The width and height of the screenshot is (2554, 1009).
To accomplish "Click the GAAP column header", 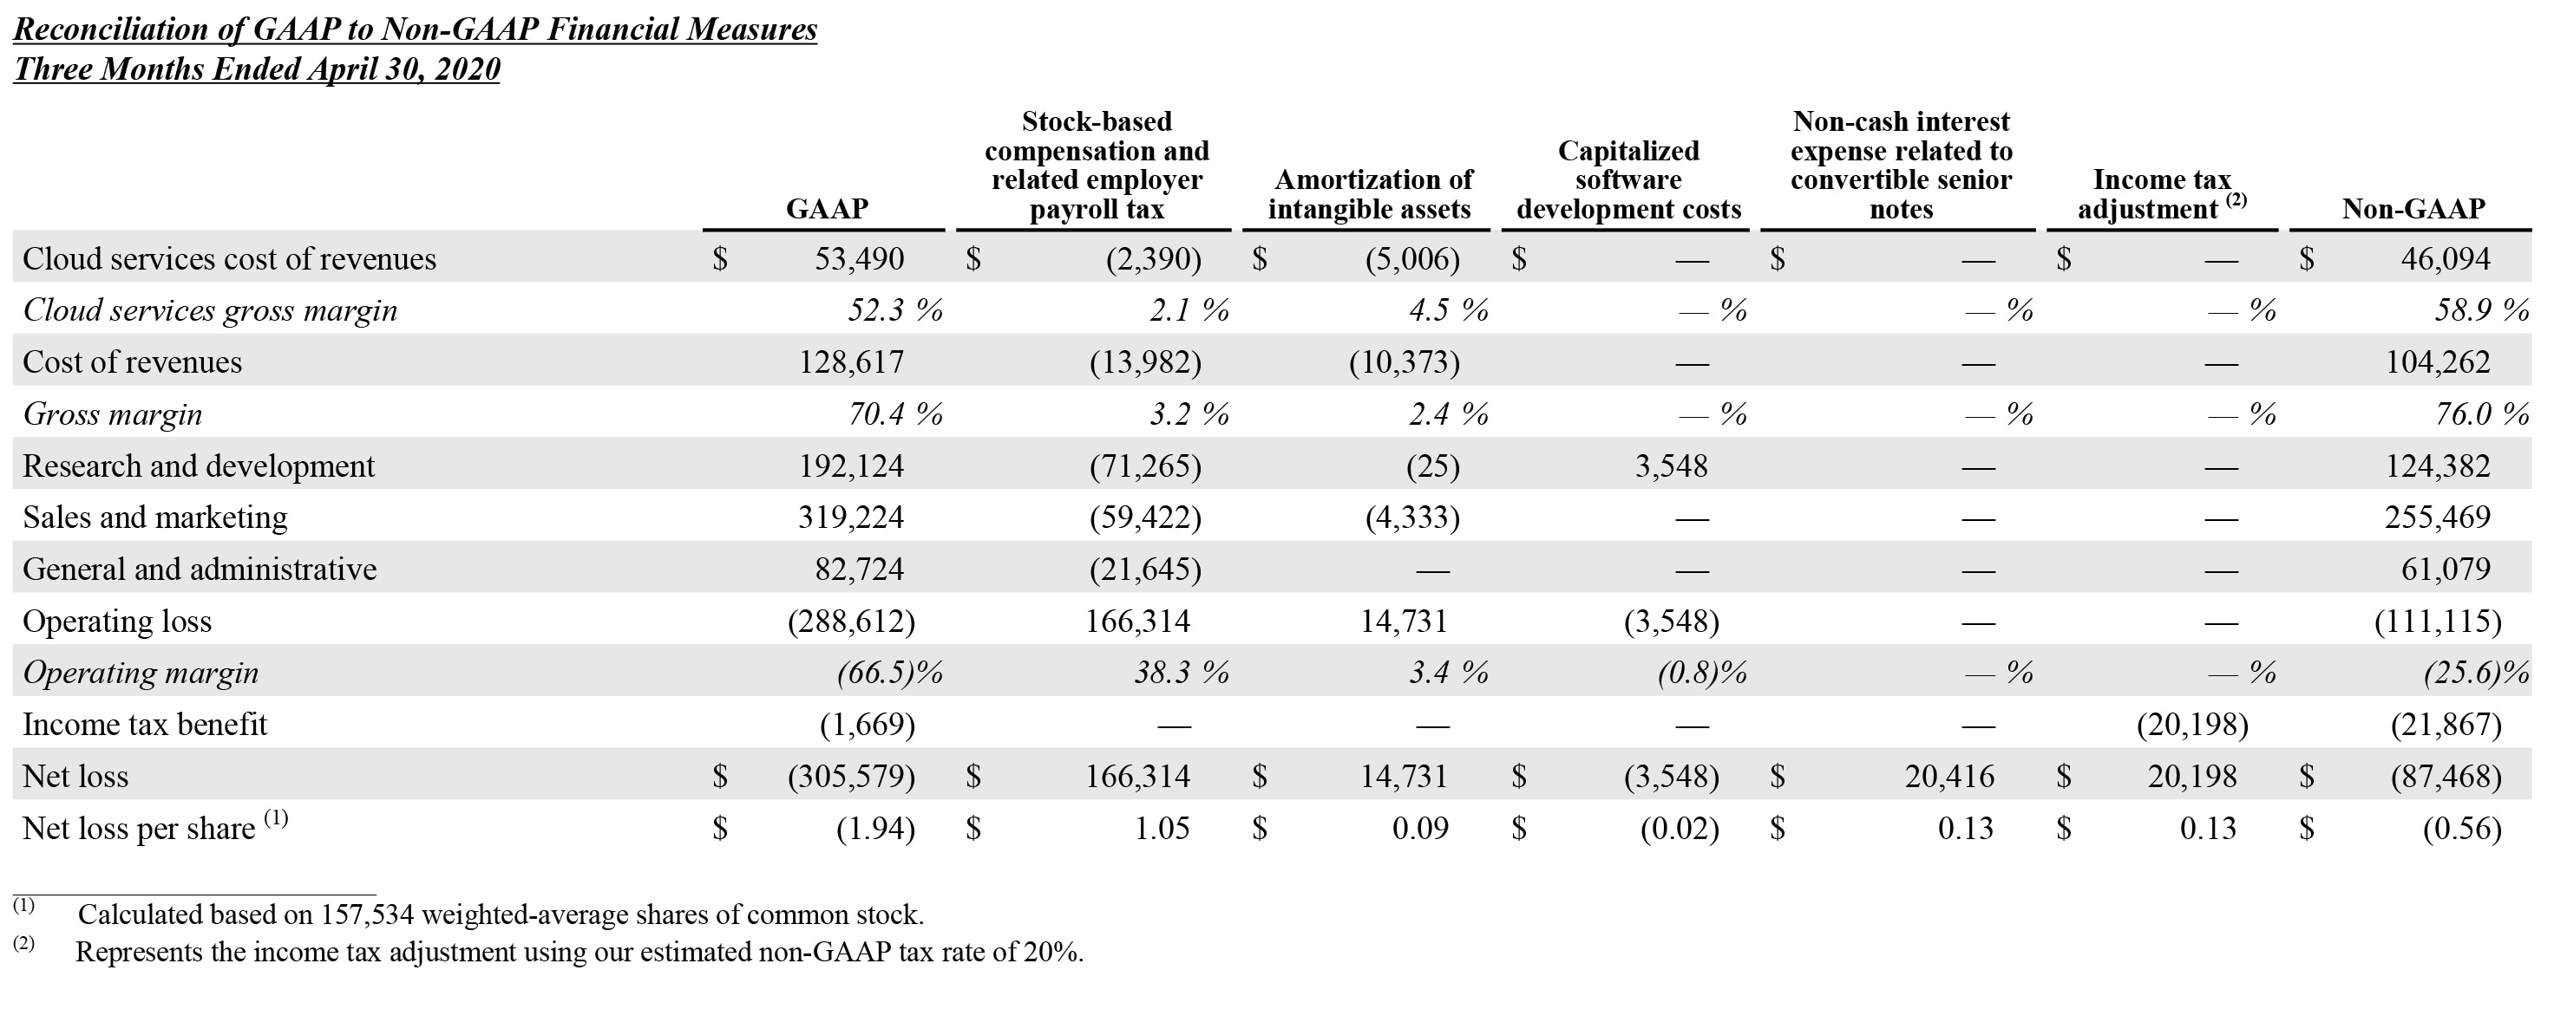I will pyautogui.click(x=826, y=208).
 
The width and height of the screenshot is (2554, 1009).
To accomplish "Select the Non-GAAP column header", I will pyautogui.click(x=2413, y=208).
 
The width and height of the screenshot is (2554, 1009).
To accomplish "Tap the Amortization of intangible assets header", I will pyautogui.click(x=1369, y=194).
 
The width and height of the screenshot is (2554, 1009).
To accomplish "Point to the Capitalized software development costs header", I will pyautogui.click(x=1628, y=180).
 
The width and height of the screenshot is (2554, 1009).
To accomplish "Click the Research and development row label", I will pyautogui.click(x=199, y=465).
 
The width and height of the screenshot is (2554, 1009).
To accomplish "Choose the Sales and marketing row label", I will pyautogui.click(x=154, y=518).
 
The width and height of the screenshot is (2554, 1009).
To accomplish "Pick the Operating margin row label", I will pyautogui.click(x=140, y=673).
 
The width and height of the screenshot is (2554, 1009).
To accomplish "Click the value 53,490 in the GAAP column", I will pyautogui.click(x=859, y=258).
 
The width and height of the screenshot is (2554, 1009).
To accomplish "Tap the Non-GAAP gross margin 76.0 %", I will pyautogui.click(x=2480, y=414).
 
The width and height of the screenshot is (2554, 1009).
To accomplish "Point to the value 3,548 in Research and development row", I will pyautogui.click(x=1671, y=465).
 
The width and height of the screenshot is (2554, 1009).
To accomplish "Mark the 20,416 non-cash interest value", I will pyautogui.click(x=1948, y=776).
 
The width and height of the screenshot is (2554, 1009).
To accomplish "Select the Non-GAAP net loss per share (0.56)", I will pyautogui.click(x=2461, y=829).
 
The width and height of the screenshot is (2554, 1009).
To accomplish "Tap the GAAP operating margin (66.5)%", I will pyautogui.click(x=888, y=673).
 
